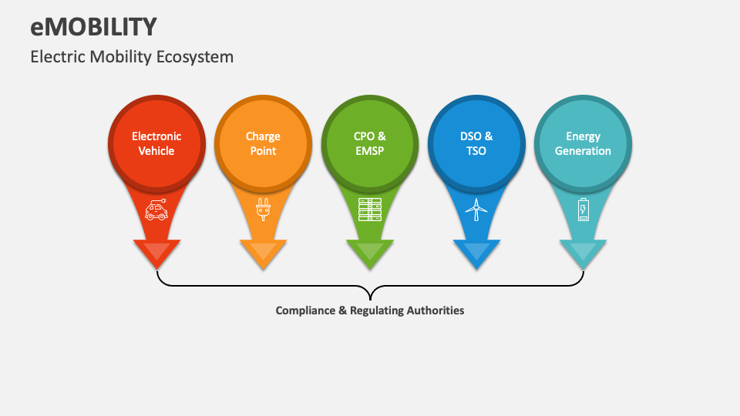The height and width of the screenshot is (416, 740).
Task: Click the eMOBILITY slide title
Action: (93, 26)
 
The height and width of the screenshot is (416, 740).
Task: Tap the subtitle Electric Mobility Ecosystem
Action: (132, 57)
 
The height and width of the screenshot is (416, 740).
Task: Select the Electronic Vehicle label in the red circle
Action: (156, 143)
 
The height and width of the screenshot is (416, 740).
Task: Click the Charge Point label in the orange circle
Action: (263, 143)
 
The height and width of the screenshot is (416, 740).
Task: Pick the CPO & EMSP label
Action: (370, 143)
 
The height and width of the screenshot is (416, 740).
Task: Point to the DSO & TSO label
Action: (476, 143)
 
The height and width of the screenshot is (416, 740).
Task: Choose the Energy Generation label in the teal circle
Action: (583, 143)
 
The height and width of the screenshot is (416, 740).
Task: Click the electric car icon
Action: (156, 210)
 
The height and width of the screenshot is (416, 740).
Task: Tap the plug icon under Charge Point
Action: (263, 210)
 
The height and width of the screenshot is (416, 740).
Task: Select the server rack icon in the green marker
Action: (370, 210)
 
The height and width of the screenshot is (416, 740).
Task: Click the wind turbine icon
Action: (476, 210)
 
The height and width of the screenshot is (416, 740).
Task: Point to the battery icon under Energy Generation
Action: (583, 210)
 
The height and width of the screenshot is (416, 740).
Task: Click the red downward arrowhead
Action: (156, 253)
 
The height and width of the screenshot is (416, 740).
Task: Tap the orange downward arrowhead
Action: (263, 253)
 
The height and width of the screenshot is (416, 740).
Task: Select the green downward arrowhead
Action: (370, 253)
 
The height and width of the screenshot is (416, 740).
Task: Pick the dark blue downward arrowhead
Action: (476, 253)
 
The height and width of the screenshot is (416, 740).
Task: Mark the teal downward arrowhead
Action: (583, 253)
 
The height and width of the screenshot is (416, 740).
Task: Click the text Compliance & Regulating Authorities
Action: (370, 310)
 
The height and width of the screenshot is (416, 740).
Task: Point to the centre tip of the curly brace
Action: (370, 297)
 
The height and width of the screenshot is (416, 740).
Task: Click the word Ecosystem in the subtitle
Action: (199, 57)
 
